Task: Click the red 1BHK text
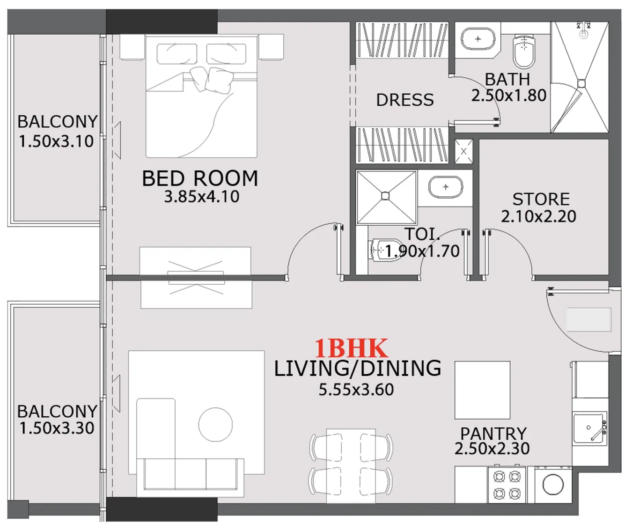coord(351,349)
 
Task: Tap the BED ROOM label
coord(200,178)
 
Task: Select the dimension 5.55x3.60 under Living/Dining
coord(356,390)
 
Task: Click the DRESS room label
coord(405,100)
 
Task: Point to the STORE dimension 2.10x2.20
coord(538,216)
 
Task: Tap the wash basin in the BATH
coord(478,39)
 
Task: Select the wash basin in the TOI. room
coord(445,187)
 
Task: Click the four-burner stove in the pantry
coord(507,485)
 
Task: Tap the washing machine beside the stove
coord(553,485)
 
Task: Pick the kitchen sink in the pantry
coord(589,428)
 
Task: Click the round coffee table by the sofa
coord(215,424)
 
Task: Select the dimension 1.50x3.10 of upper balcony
coord(56,141)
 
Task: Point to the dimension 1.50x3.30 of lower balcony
coord(57,428)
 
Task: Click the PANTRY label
coord(493,433)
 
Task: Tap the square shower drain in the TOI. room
coord(385,196)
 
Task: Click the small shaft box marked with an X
coord(463,152)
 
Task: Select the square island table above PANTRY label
coord(482,390)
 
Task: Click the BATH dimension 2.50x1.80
coord(509,96)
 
